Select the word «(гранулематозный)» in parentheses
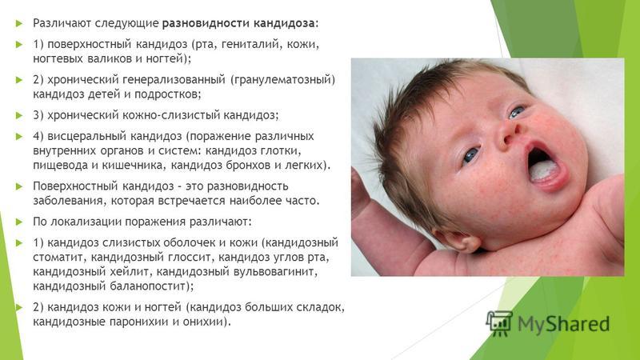coord(282,79)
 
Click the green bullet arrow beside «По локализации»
coord(18,222)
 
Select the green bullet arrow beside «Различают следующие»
coord(18,23)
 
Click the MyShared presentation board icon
coord(499,323)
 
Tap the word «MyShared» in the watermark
coord(564,324)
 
